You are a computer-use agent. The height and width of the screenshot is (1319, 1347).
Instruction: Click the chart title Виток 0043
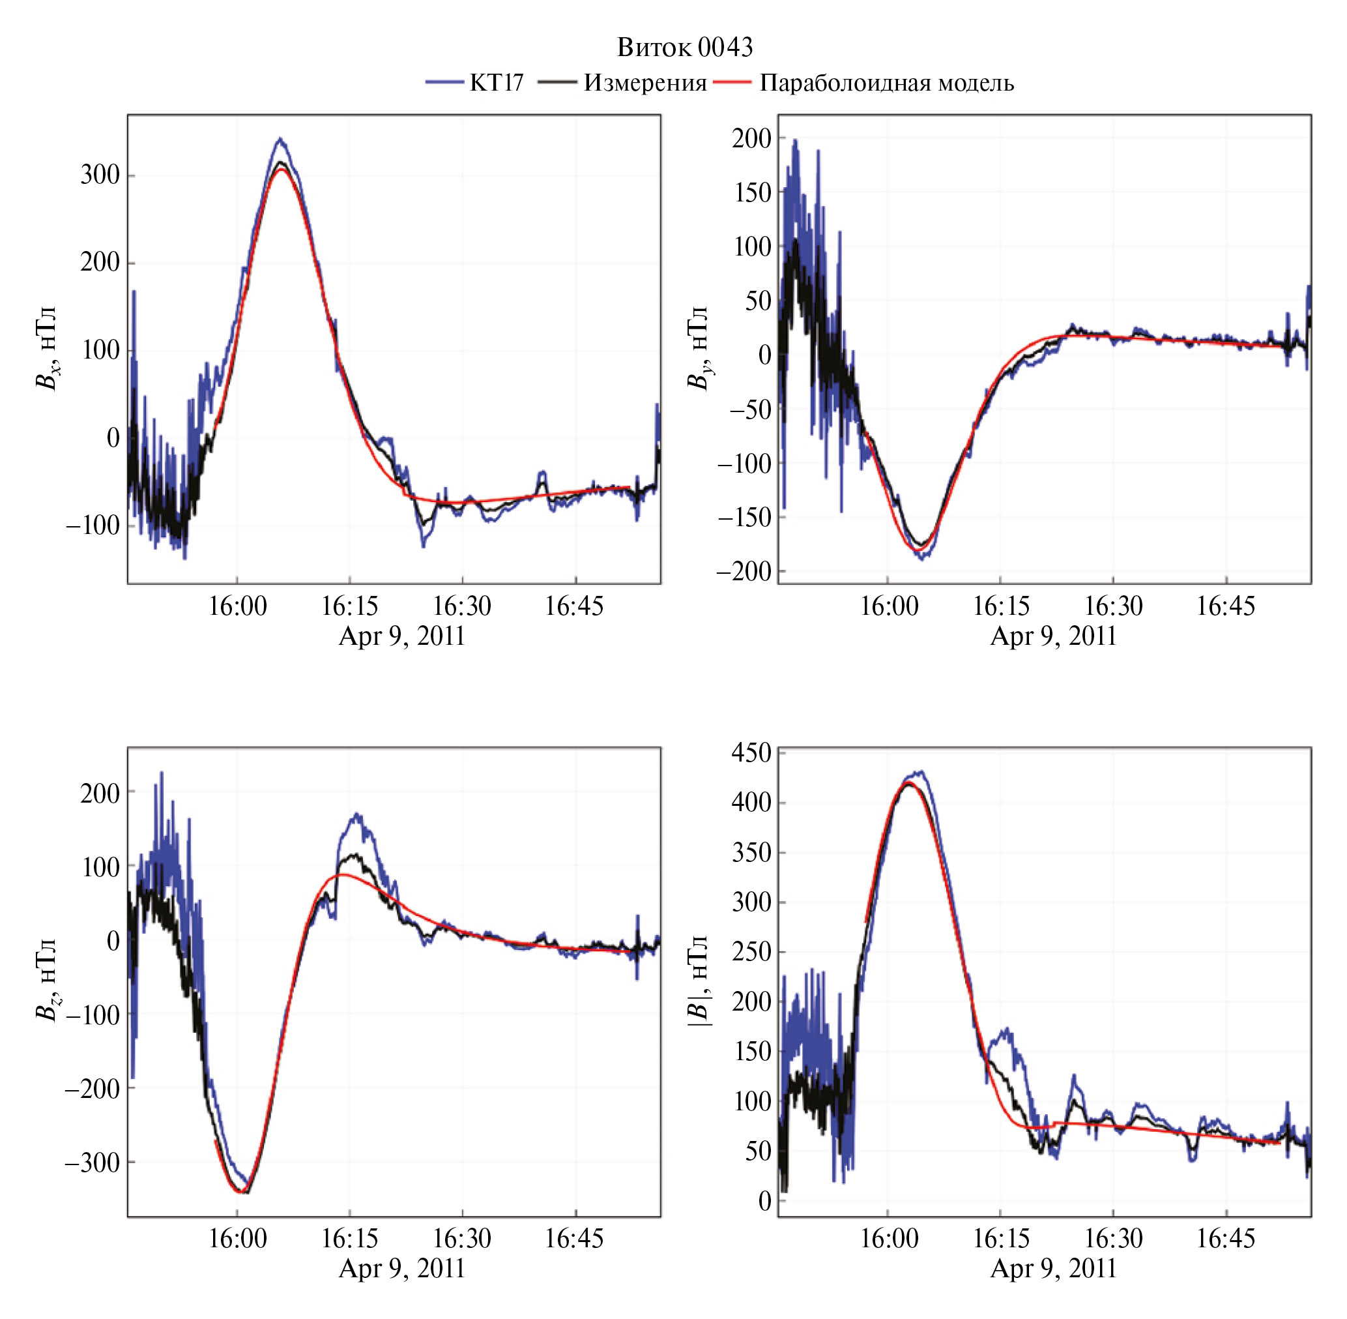(684, 47)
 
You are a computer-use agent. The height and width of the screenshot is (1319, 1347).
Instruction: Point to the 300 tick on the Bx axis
(100, 175)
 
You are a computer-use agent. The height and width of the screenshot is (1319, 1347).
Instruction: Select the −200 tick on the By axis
(744, 572)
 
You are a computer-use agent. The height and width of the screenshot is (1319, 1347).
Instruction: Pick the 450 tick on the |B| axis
(751, 752)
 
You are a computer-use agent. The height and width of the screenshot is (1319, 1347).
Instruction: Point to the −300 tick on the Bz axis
(93, 1162)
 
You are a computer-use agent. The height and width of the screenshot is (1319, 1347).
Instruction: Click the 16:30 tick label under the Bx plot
(462, 606)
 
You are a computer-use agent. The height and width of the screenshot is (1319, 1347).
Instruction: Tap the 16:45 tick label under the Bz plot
(574, 1239)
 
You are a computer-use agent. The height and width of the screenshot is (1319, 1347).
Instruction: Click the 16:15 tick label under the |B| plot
(1001, 1239)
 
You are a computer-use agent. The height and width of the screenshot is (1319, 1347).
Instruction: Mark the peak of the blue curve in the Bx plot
(280, 138)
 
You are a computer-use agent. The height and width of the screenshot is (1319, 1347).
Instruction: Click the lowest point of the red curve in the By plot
(919, 550)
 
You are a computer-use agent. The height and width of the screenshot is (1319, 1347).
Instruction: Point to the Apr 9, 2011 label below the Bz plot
(401, 1268)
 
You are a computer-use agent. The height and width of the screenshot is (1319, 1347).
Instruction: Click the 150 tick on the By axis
(752, 192)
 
